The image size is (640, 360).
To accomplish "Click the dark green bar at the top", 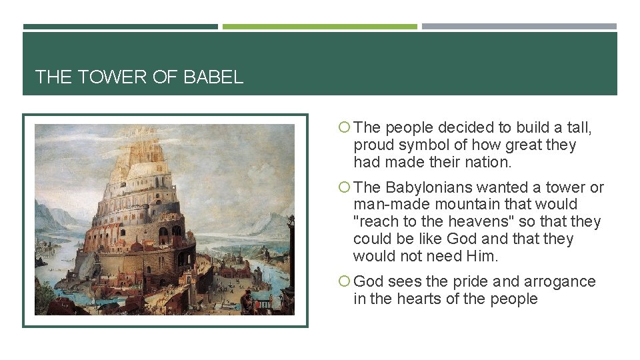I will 120,27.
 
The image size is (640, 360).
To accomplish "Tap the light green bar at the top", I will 319,27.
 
